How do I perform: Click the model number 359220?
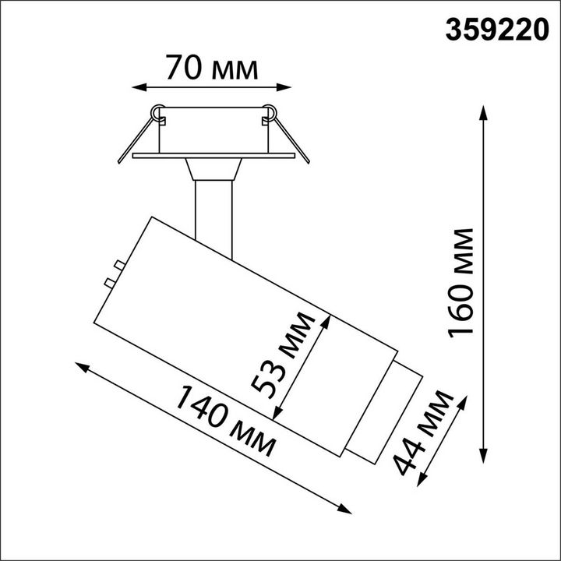click(x=497, y=30)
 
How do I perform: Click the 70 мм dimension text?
click(x=211, y=68)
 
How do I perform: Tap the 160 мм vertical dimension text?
click(x=460, y=283)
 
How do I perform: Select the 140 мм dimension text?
click(x=225, y=421)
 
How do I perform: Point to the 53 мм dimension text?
click(x=284, y=355)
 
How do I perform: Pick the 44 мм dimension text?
click(x=423, y=433)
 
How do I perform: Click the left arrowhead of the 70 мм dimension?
click(x=139, y=87)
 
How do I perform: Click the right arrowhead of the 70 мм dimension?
click(x=284, y=87)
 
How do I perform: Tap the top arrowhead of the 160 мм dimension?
click(x=484, y=113)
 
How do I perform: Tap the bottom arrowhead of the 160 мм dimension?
click(x=484, y=456)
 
